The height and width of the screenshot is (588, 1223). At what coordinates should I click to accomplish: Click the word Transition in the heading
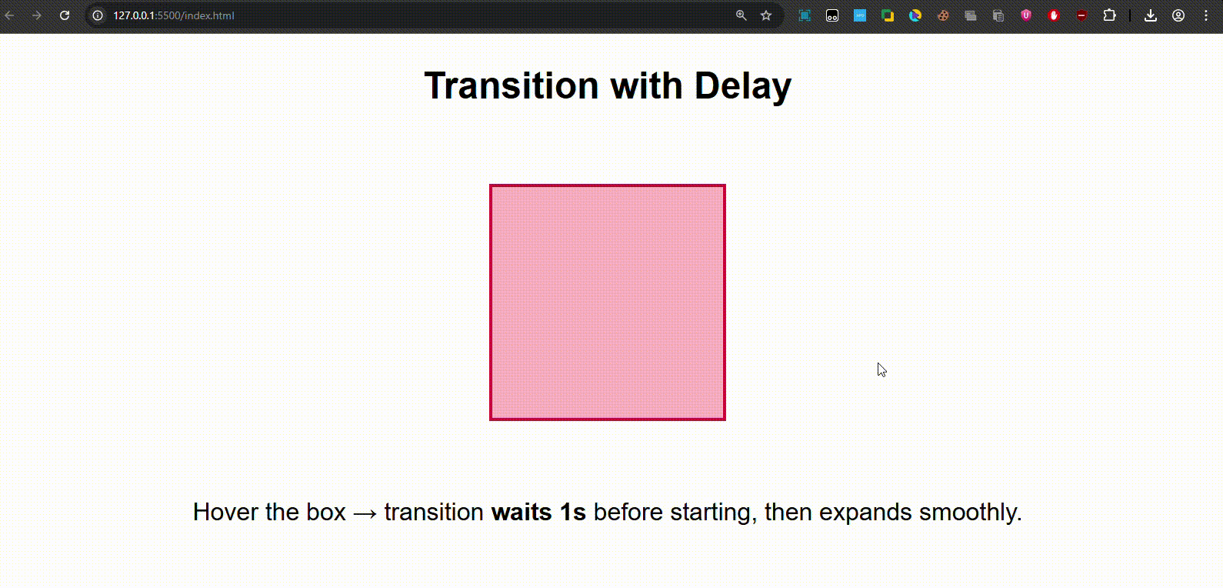(512, 85)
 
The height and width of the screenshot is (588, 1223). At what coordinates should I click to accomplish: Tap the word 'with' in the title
(646, 85)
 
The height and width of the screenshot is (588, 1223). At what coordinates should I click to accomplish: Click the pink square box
(607, 302)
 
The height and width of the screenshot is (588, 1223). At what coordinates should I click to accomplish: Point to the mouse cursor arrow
(881, 369)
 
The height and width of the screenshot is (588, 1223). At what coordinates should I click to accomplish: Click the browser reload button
(65, 15)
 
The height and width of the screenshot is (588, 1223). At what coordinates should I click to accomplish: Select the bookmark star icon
(766, 15)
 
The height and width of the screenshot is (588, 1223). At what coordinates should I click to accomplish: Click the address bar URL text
(174, 16)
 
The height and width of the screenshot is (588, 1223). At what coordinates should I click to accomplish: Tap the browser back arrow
(9, 15)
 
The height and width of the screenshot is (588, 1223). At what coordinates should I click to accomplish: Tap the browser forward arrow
(37, 15)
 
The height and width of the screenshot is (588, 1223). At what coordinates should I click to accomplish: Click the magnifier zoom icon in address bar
(741, 15)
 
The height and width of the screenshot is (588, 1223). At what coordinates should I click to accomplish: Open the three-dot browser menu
(1206, 15)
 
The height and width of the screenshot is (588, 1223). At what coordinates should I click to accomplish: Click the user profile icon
(1178, 15)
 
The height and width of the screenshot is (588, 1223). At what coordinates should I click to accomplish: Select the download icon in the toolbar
(1151, 15)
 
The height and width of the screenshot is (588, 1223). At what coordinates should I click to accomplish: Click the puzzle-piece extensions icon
(1109, 15)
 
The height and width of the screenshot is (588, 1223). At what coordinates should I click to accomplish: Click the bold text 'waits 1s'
(538, 512)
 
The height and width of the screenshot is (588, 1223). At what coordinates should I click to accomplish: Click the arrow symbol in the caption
(365, 513)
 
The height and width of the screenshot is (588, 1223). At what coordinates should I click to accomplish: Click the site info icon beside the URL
(98, 15)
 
